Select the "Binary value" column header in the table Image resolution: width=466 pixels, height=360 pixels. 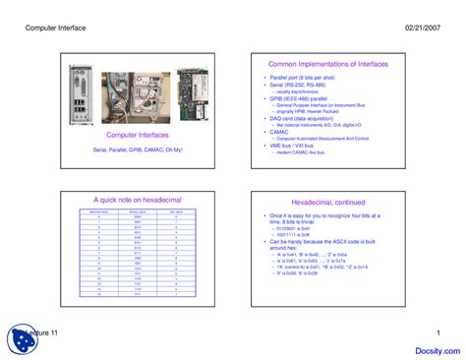click(137, 210)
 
